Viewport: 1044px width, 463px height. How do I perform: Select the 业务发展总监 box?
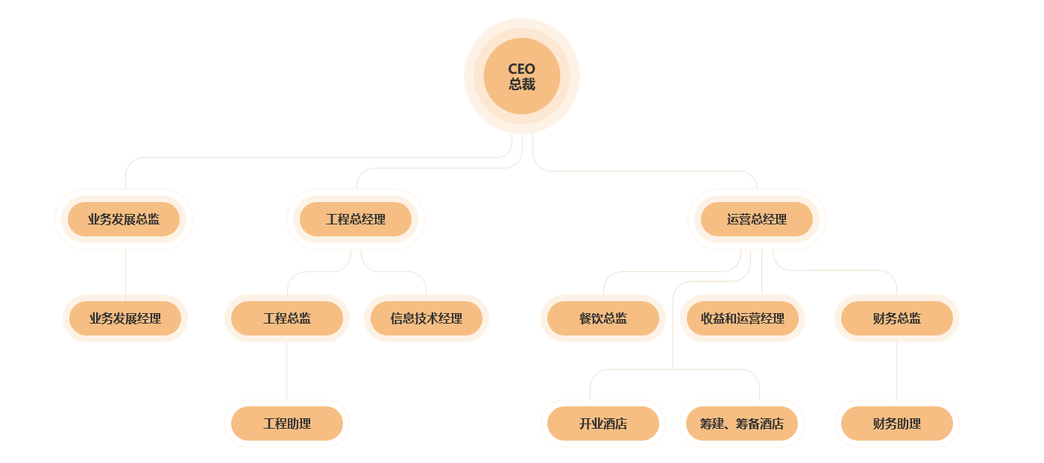tap(124, 219)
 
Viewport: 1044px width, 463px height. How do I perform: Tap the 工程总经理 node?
tap(356, 219)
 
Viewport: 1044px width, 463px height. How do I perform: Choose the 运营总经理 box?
tap(757, 219)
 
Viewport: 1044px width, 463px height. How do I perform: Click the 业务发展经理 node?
tap(125, 318)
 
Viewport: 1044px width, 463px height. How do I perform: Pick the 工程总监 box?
tap(287, 318)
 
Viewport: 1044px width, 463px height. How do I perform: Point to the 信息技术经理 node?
tap(427, 318)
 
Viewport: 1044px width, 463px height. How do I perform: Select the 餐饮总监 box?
tap(603, 318)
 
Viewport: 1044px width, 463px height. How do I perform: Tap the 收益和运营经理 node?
tap(743, 318)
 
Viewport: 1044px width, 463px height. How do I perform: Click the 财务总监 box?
tap(897, 318)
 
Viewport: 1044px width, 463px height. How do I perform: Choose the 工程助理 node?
tap(287, 423)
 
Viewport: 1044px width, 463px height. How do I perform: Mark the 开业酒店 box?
tap(603, 423)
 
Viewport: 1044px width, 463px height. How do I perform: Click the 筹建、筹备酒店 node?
tap(742, 423)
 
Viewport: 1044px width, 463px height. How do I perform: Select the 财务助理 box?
tap(897, 423)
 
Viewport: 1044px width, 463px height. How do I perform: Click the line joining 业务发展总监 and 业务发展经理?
tap(125, 272)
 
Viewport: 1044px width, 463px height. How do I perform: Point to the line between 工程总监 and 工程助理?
tap(286, 371)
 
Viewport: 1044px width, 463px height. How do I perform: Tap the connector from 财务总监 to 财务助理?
tap(896, 371)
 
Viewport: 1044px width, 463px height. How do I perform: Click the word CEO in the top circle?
tap(521, 69)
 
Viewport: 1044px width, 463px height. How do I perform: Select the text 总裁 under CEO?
tap(521, 85)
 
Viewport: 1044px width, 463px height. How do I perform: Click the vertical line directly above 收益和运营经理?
tap(761, 272)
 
